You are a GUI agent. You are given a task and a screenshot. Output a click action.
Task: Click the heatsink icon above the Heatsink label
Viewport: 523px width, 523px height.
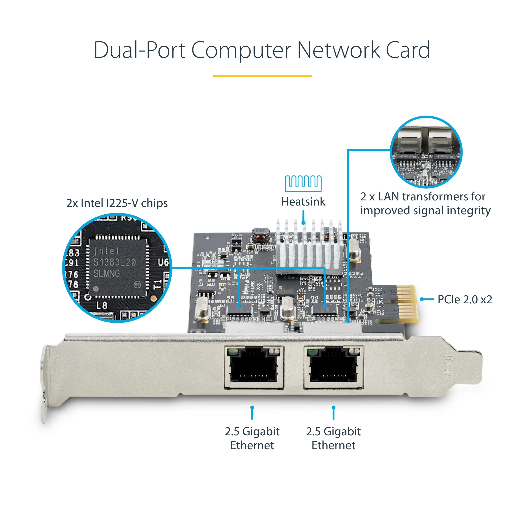(303, 183)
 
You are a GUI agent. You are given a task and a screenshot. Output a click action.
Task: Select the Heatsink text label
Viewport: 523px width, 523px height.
(303, 202)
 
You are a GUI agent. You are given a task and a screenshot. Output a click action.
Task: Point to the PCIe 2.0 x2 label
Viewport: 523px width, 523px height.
(465, 299)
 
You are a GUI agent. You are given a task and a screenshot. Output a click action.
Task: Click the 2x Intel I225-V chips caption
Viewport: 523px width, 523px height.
(117, 203)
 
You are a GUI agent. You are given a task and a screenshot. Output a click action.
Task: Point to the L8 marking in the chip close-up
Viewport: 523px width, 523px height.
(102, 306)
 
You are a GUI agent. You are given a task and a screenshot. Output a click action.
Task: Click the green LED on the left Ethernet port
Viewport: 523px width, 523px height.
(232, 352)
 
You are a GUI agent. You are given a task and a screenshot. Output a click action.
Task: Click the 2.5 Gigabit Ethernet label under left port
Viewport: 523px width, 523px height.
(252, 438)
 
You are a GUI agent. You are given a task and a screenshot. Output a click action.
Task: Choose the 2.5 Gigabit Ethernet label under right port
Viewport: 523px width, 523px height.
(333, 438)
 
